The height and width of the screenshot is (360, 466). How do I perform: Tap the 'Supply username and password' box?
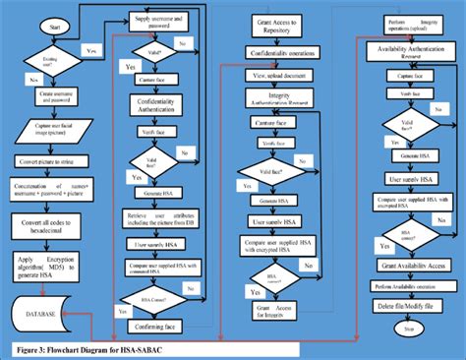(162, 20)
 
